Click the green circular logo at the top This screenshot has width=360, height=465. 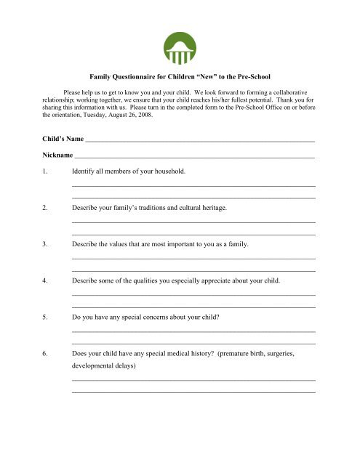179,49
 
